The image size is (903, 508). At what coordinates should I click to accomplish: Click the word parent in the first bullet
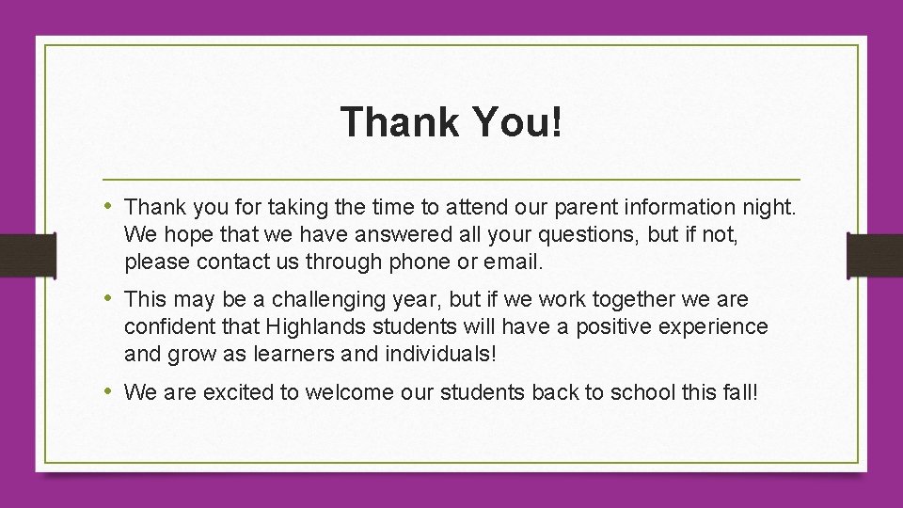point(546,206)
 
